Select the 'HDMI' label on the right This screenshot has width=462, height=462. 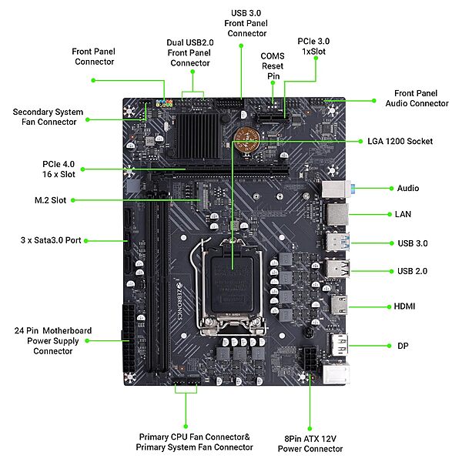(405, 306)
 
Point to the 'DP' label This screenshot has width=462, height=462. (403, 346)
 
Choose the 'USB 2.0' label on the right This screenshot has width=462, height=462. (412, 271)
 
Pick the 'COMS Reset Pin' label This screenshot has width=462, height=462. (272, 66)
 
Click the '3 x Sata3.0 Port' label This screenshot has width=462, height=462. (52, 240)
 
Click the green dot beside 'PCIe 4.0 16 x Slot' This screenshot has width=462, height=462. (85, 169)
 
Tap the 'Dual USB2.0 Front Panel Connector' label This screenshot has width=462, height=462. (189, 52)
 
